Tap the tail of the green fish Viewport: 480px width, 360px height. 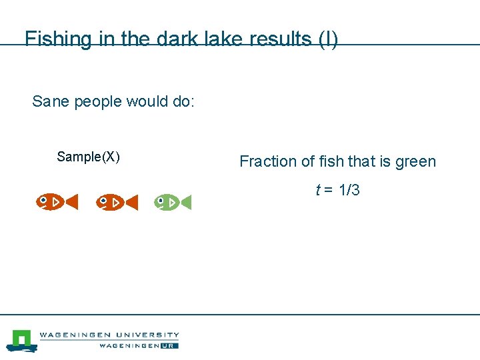(x=186, y=201)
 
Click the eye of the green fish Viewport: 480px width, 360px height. (x=161, y=199)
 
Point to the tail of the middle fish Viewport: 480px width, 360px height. (x=132, y=201)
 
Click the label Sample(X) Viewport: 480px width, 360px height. (x=88, y=157)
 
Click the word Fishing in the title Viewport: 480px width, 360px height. (x=57, y=39)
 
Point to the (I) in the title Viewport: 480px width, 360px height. (x=328, y=39)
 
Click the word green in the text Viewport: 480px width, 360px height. (x=415, y=161)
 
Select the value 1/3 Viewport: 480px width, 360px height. (x=349, y=190)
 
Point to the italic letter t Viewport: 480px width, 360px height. (x=318, y=190)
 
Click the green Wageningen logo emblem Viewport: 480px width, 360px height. (x=21, y=340)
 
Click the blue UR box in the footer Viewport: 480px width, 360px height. (x=171, y=345)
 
